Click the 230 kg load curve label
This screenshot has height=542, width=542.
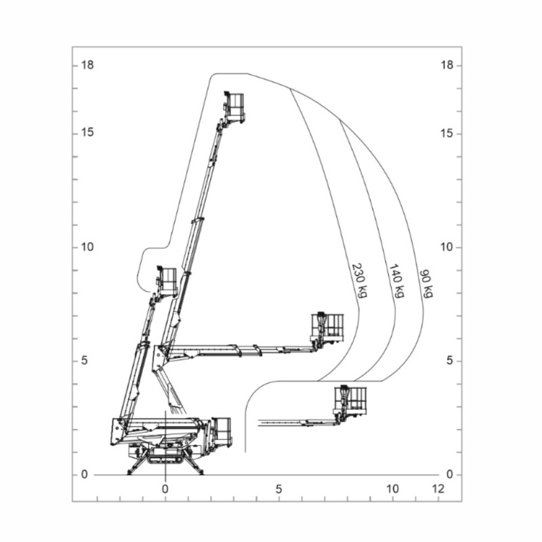360,280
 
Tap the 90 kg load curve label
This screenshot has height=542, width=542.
426,283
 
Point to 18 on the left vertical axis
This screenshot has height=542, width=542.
87,65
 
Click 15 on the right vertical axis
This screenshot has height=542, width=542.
445,133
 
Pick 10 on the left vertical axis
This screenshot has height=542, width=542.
87,247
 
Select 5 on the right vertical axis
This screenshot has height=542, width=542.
448,360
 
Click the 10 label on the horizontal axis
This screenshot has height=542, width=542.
392,488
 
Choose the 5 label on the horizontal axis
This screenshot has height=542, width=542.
278,488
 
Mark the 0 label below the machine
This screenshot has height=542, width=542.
165,488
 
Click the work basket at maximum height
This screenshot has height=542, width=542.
234,107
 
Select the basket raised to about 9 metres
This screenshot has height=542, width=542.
167,280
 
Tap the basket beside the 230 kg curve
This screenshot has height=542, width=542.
327,328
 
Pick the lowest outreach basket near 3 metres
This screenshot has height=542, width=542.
350,401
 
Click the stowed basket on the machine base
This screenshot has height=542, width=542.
222,432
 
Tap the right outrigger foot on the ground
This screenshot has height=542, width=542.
199,472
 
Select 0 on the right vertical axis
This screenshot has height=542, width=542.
448,474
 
